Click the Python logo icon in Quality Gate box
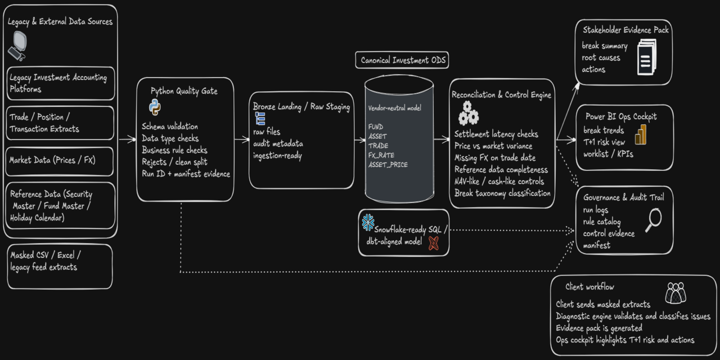point(155,107)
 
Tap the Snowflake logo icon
point(368,223)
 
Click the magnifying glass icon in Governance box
point(652,219)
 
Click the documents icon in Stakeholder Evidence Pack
point(646,57)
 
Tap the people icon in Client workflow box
point(676,293)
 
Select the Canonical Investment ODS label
point(402,60)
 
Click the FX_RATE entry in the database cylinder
point(381,155)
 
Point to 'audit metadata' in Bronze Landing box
point(278,144)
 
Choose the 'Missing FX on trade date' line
point(495,158)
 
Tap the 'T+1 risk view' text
point(604,142)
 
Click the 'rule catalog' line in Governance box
point(602,222)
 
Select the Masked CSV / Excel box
point(59,266)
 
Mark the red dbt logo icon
point(433,243)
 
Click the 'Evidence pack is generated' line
point(599,328)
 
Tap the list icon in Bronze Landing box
point(260,118)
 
